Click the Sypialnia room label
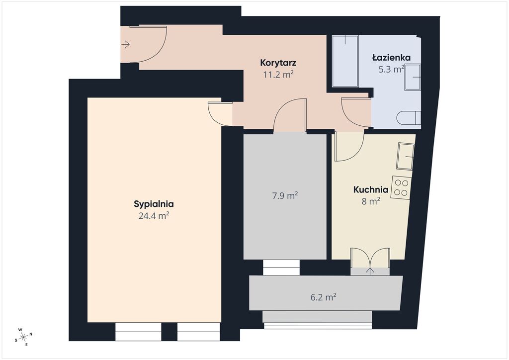pyautogui.click(x=154, y=204)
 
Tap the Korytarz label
pyautogui.click(x=278, y=62)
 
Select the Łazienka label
pyautogui.click(x=391, y=58)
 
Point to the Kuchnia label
pyautogui.click(x=371, y=189)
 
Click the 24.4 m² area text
pyautogui.click(x=154, y=215)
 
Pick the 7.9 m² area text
pyautogui.click(x=285, y=196)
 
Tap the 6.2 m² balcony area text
pyautogui.click(x=323, y=297)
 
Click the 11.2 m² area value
pyautogui.click(x=278, y=75)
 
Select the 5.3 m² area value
pyautogui.click(x=391, y=69)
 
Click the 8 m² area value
pyautogui.click(x=371, y=201)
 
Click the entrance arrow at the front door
pyautogui.click(x=126, y=44)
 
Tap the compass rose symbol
pyautogui.click(x=23, y=337)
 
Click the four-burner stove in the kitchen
pyautogui.click(x=401, y=187)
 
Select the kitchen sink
pyautogui.click(x=405, y=156)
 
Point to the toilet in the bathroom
pyautogui.click(x=409, y=118)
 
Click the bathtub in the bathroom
pyautogui.click(x=345, y=61)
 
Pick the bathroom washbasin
pyautogui.click(x=412, y=77)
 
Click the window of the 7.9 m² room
pyautogui.click(x=281, y=268)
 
